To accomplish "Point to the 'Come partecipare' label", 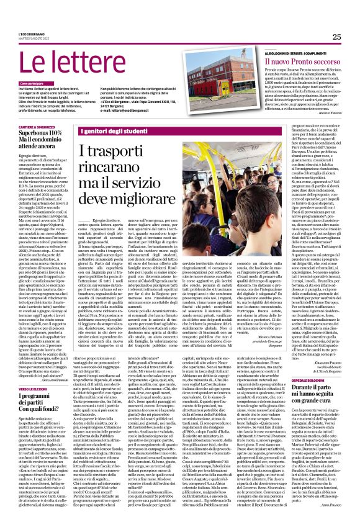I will (32, 83).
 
